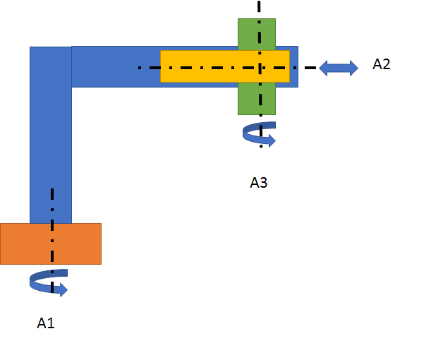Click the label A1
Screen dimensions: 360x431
[46, 323]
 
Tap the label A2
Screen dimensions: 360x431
[382, 64]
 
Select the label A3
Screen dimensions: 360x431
[259, 183]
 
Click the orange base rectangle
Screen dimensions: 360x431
[78, 244]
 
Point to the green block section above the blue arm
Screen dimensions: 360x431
[257, 33]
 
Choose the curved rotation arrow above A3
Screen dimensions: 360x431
[257, 133]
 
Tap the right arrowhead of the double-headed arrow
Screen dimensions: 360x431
[352, 68]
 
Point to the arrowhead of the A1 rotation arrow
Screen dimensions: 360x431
[62, 289]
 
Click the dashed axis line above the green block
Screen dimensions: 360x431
[259, 8]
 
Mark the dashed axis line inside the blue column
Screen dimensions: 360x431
[51, 205]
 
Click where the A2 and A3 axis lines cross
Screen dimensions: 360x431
[260, 67]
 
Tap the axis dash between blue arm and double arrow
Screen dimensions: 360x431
[308, 67]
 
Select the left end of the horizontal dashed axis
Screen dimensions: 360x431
[140, 67]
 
